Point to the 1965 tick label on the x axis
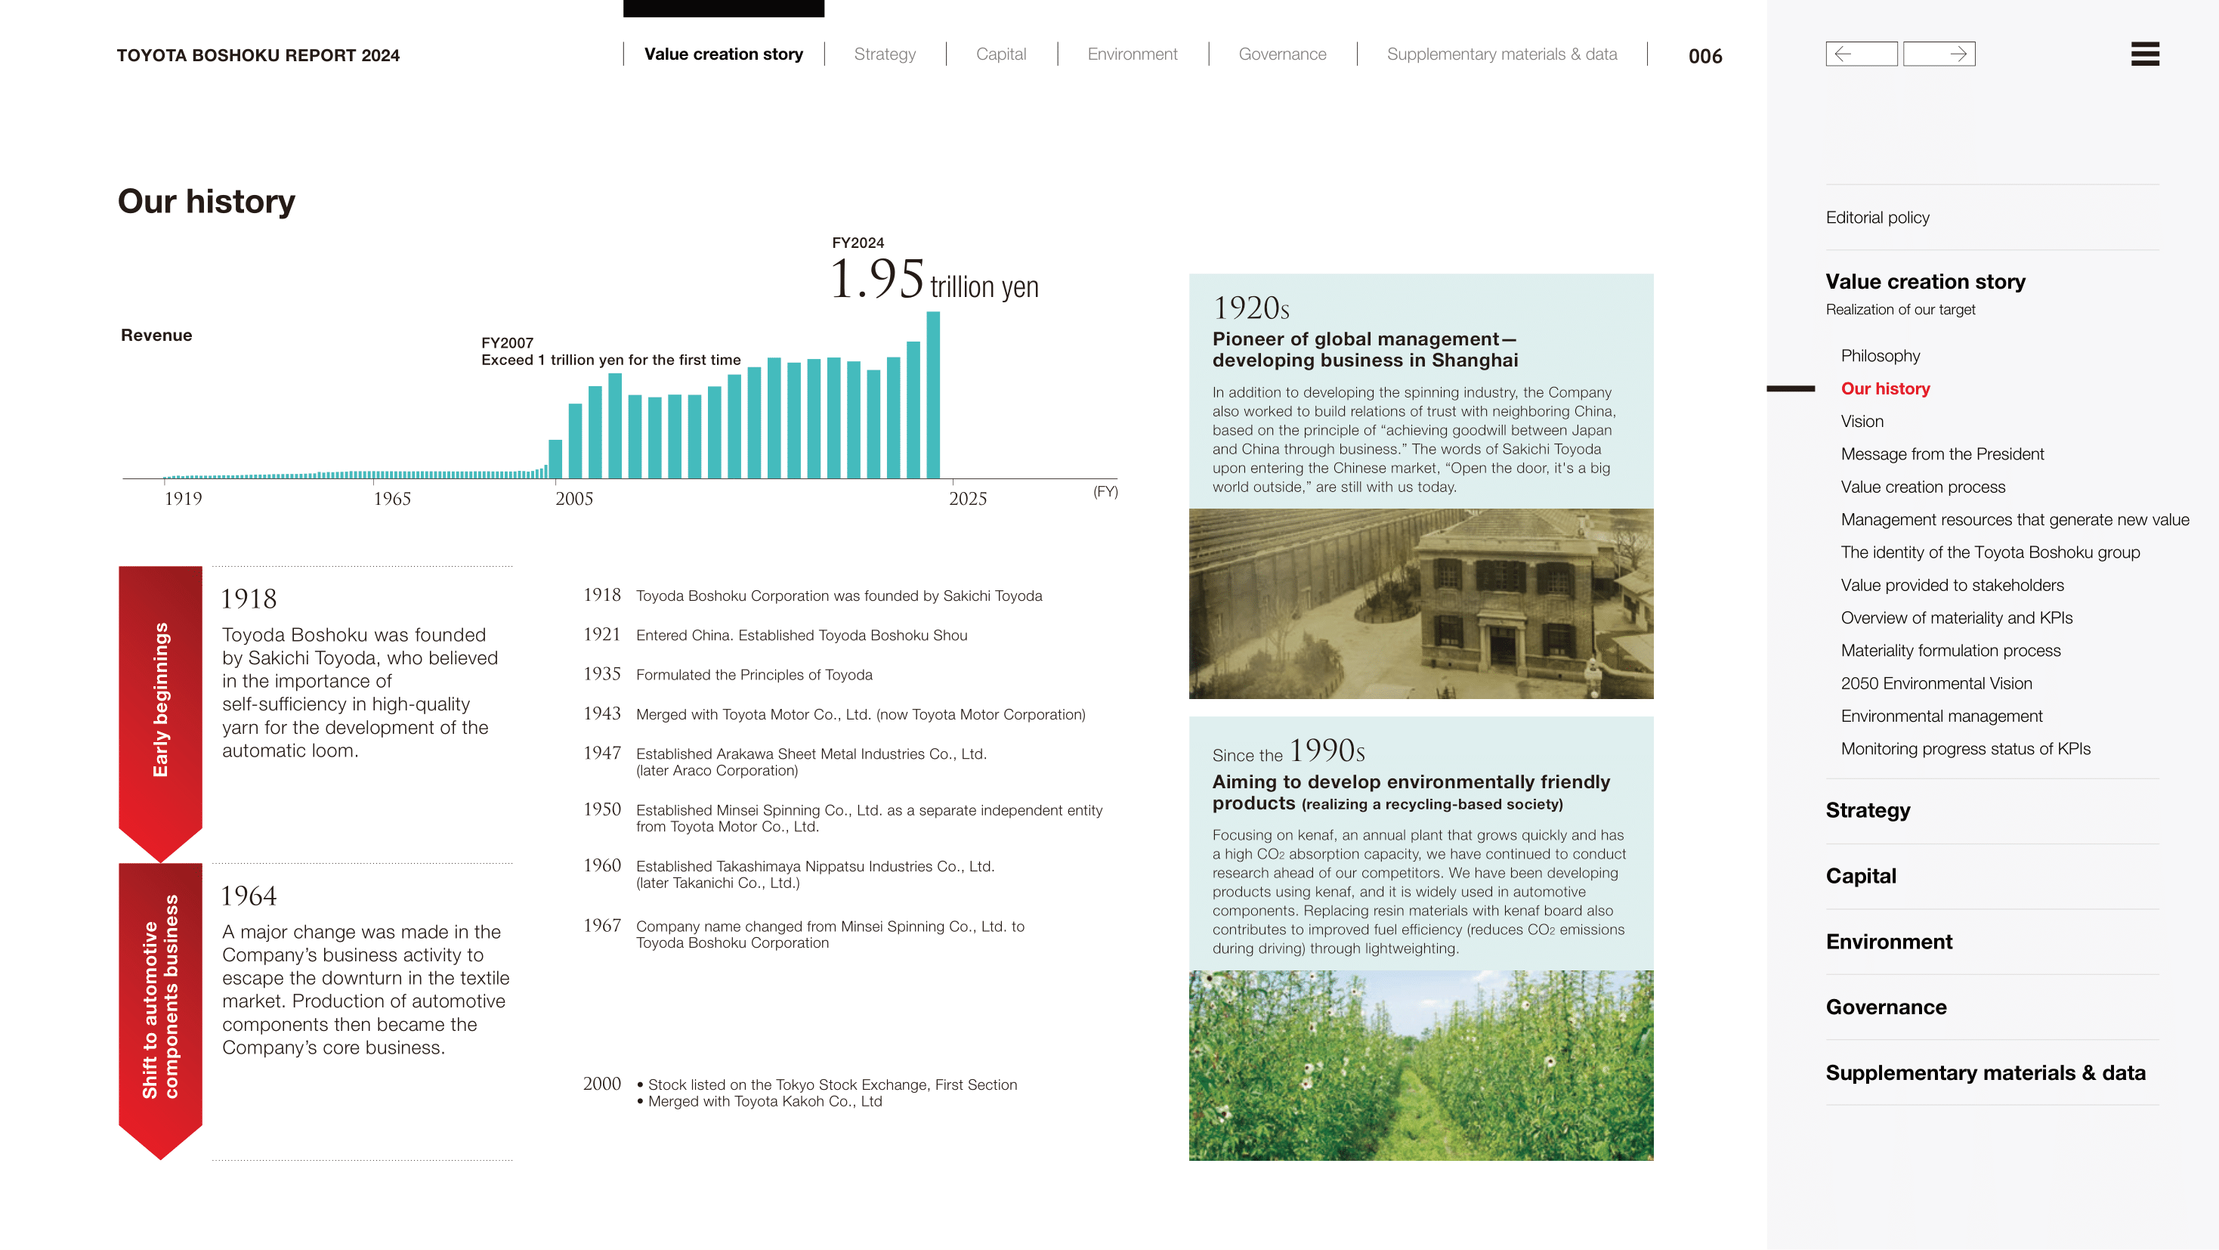point(392,499)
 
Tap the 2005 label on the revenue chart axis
point(573,499)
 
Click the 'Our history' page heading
point(207,202)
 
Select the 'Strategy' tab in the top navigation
point(885,54)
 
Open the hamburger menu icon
point(2144,54)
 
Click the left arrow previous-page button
point(1861,54)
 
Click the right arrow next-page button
point(1939,54)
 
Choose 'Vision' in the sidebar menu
point(1862,421)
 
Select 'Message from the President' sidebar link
point(1942,454)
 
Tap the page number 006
point(1704,57)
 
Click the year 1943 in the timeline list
point(601,713)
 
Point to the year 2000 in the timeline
point(601,1084)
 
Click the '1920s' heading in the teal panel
point(1250,308)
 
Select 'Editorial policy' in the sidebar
point(1877,218)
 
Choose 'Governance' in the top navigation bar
point(1282,54)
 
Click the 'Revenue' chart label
point(156,335)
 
